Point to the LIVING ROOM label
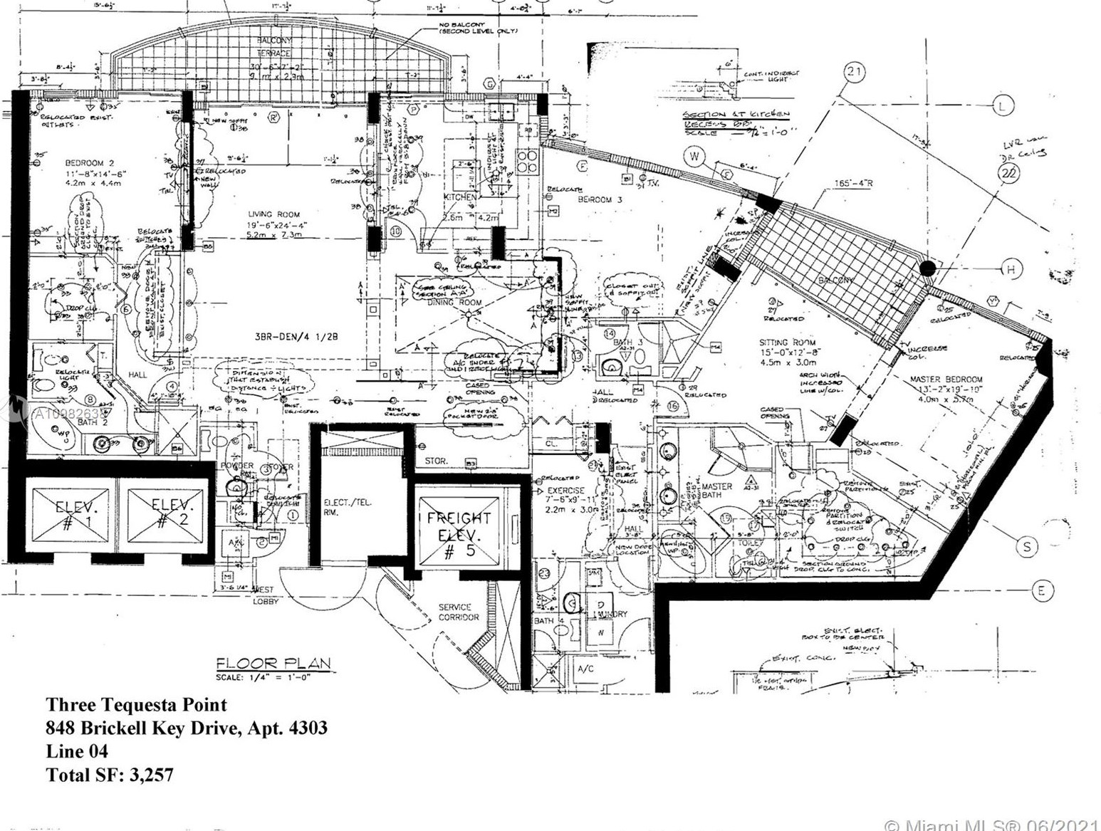click(x=273, y=214)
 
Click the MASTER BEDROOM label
click(x=946, y=380)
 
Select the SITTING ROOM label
click(x=787, y=343)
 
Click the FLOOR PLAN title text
click(x=274, y=664)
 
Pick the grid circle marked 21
click(x=855, y=71)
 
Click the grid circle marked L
click(x=1003, y=106)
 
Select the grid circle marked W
click(x=693, y=156)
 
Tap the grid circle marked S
click(x=1027, y=547)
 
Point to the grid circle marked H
click(x=1011, y=269)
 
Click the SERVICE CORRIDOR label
click(x=459, y=612)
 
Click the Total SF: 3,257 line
click(x=110, y=775)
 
